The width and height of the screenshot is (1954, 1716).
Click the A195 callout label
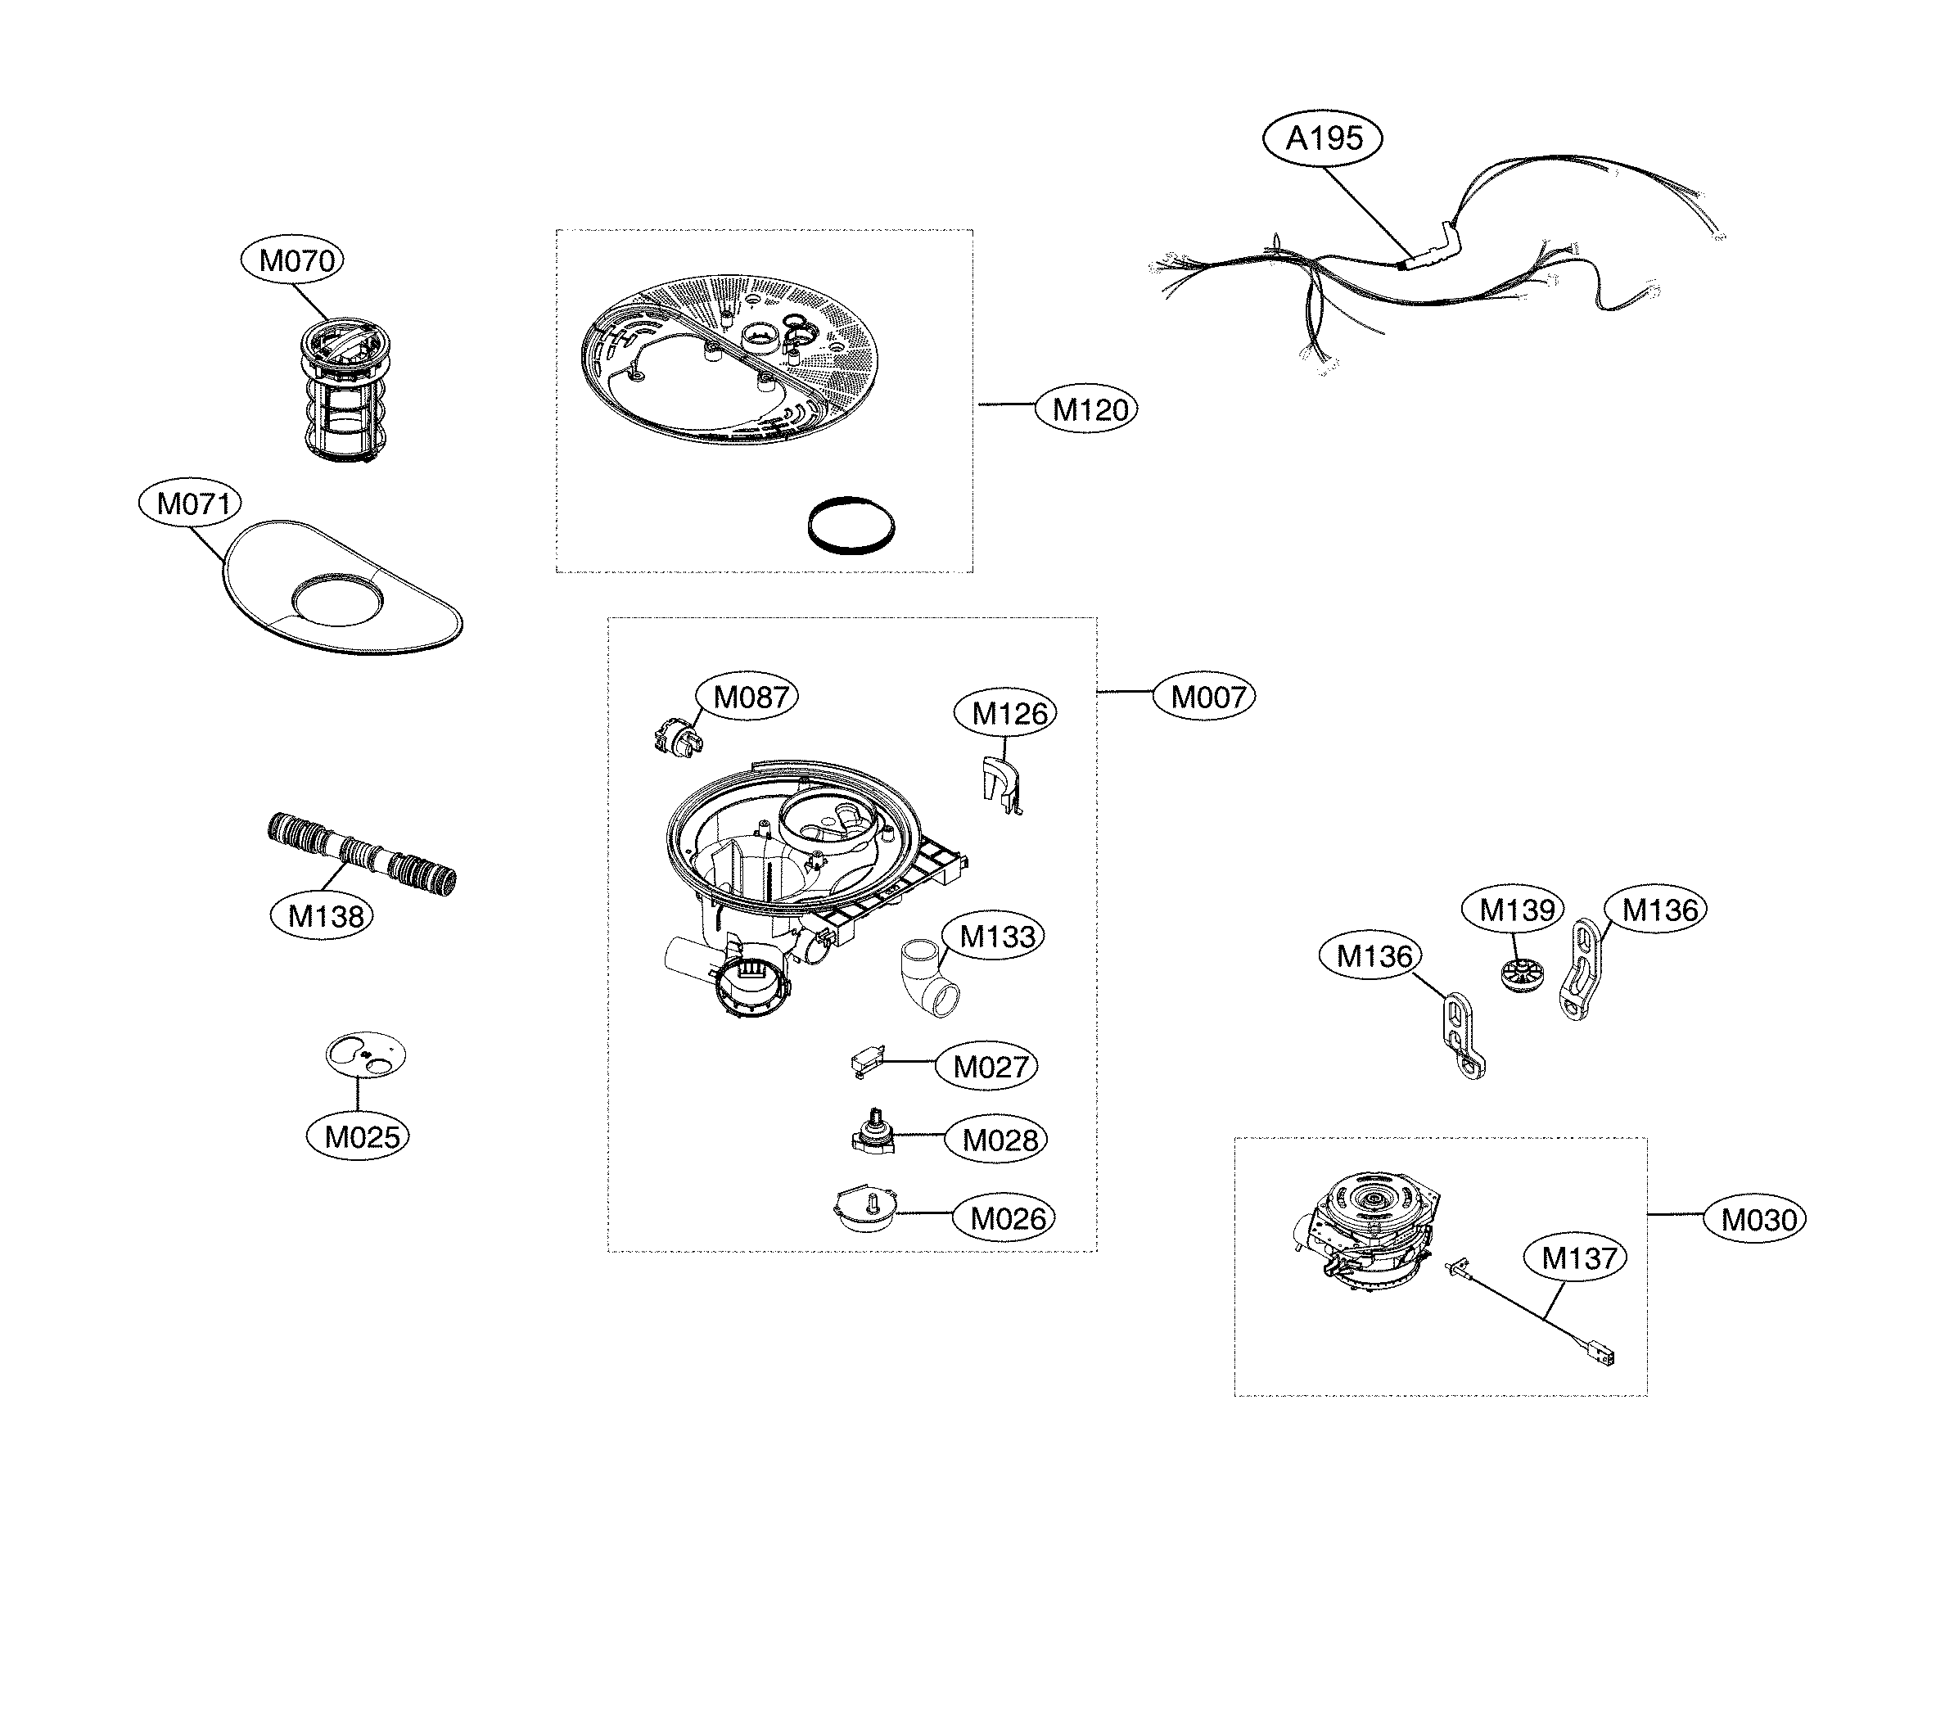(x=1323, y=138)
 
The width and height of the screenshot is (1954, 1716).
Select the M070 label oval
(x=296, y=260)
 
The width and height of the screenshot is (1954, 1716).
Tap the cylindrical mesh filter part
(x=345, y=392)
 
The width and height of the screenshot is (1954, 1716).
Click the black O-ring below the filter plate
(x=851, y=525)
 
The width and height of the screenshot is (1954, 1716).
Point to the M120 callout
(x=1089, y=409)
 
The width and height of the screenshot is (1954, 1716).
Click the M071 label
(x=192, y=503)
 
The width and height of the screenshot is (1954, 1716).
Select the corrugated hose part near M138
(x=361, y=854)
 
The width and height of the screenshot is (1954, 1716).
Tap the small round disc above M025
(x=366, y=1053)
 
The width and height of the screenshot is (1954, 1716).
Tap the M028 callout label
(x=999, y=1140)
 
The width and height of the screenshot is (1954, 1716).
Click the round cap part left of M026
(x=866, y=1208)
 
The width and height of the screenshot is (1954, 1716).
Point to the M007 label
(x=1207, y=696)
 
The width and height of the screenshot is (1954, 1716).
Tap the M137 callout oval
(x=1579, y=1258)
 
